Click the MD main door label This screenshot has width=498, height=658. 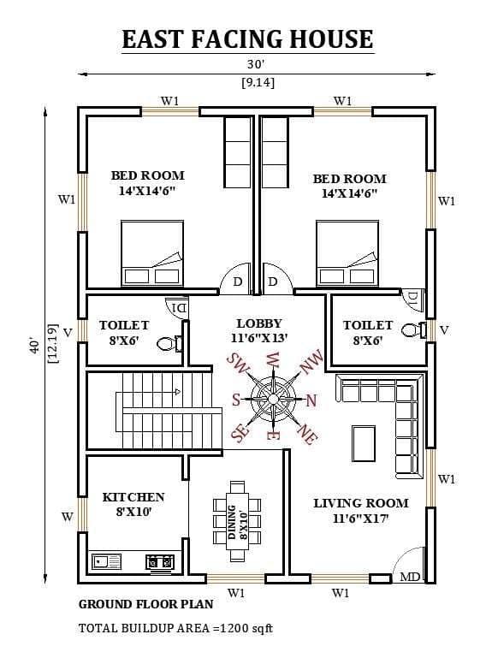point(410,577)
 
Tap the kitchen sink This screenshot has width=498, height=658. point(106,561)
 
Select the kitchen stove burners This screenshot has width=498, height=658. point(159,561)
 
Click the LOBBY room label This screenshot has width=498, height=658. point(259,323)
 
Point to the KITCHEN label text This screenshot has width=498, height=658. point(133,497)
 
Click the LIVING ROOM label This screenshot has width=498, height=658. point(361,503)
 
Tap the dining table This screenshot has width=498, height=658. point(237,521)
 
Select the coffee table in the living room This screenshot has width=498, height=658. point(364,443)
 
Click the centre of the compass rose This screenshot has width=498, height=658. point(273,397)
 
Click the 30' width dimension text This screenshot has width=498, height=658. point(256,64)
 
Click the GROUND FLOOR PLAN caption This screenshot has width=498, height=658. point(146,604)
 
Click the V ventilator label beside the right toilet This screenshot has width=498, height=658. point(444,330)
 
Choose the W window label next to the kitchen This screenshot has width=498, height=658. point(67,517)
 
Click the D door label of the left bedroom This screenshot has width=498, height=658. point(238,282)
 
